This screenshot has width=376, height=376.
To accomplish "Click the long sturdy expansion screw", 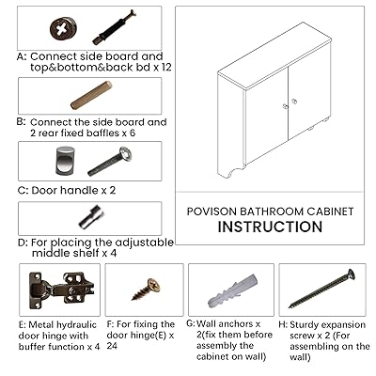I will coord(321,289).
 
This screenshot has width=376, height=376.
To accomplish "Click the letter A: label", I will coord(23,56).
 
